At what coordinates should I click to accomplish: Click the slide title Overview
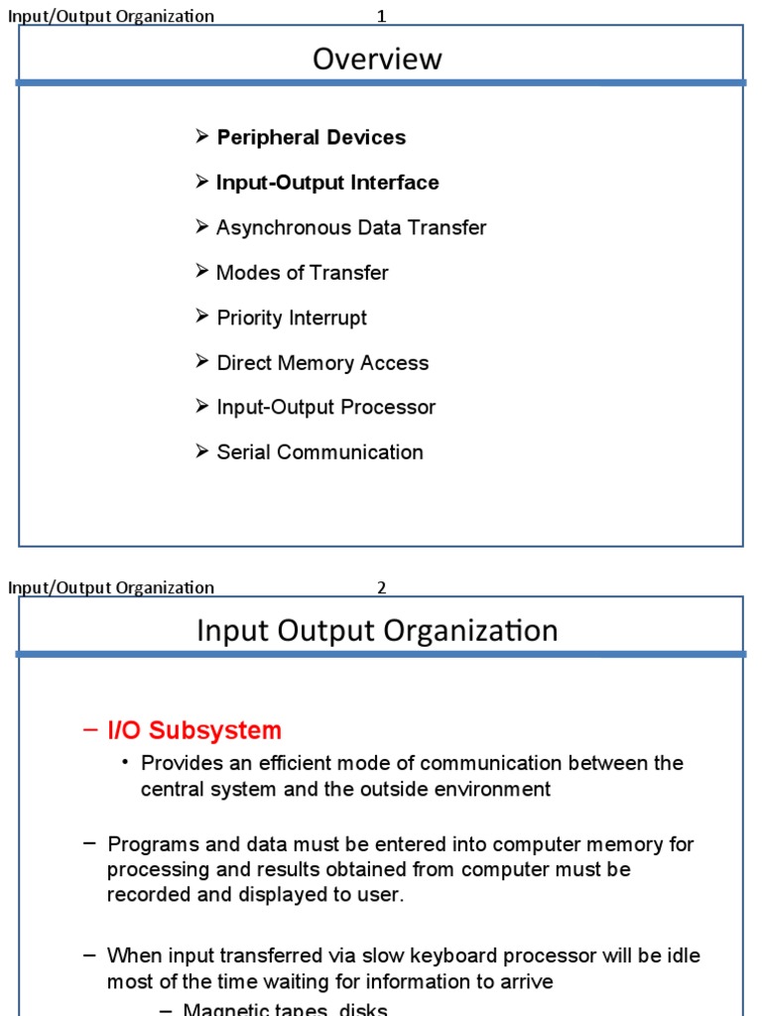coord(377,60)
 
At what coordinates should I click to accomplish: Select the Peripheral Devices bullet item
coord(311,138)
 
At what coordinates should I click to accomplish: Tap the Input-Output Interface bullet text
coord(327,183)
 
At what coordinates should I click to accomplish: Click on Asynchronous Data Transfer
coord(351,228)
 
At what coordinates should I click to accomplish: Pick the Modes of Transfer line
coord(302,273)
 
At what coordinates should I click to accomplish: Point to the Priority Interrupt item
coord(292,318)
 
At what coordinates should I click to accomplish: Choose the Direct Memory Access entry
coord(322,363)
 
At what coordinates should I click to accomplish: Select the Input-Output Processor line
coord(325,408)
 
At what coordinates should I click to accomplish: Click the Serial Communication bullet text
coord(319,452)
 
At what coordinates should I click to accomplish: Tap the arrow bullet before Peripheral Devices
coord(202,137)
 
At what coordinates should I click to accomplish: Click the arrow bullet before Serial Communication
coord(202,451)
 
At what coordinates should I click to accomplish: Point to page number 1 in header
coord(381,16)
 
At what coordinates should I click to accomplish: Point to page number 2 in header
coord(381,587)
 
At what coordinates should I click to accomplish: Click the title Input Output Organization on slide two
coord(377,631)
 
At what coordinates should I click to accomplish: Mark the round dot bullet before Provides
coord(126,762)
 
